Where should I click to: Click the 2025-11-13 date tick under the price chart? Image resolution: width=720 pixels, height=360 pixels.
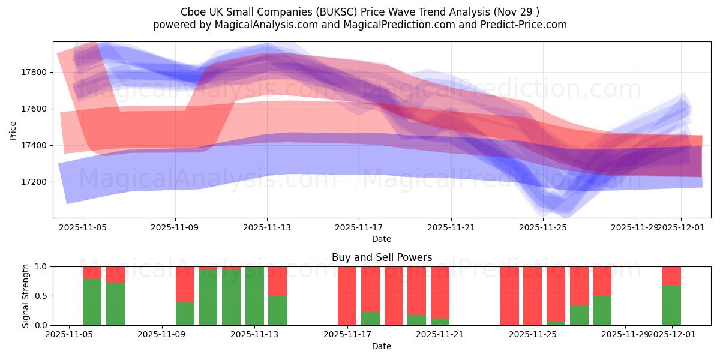tap(267, 228)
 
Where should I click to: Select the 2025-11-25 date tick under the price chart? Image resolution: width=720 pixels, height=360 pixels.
tap(543, 228)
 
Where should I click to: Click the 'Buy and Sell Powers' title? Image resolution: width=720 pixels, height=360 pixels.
tap(382, 257)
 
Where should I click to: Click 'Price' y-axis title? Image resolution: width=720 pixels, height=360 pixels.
tap(13, 130)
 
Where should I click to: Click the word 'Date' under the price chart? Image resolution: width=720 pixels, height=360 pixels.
tap(382, 239)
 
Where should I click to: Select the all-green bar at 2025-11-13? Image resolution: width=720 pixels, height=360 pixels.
tap(254, 296)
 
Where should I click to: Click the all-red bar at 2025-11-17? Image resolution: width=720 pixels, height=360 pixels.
tap(347, 296)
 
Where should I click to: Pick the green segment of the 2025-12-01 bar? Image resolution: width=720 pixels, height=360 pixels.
tap(671, 306)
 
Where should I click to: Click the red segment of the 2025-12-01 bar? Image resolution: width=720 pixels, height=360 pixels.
tap(671, 275)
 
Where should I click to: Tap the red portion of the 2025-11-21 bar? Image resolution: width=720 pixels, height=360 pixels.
tap(440, 291)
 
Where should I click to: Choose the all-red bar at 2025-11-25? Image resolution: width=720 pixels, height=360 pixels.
tap(532, 296)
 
